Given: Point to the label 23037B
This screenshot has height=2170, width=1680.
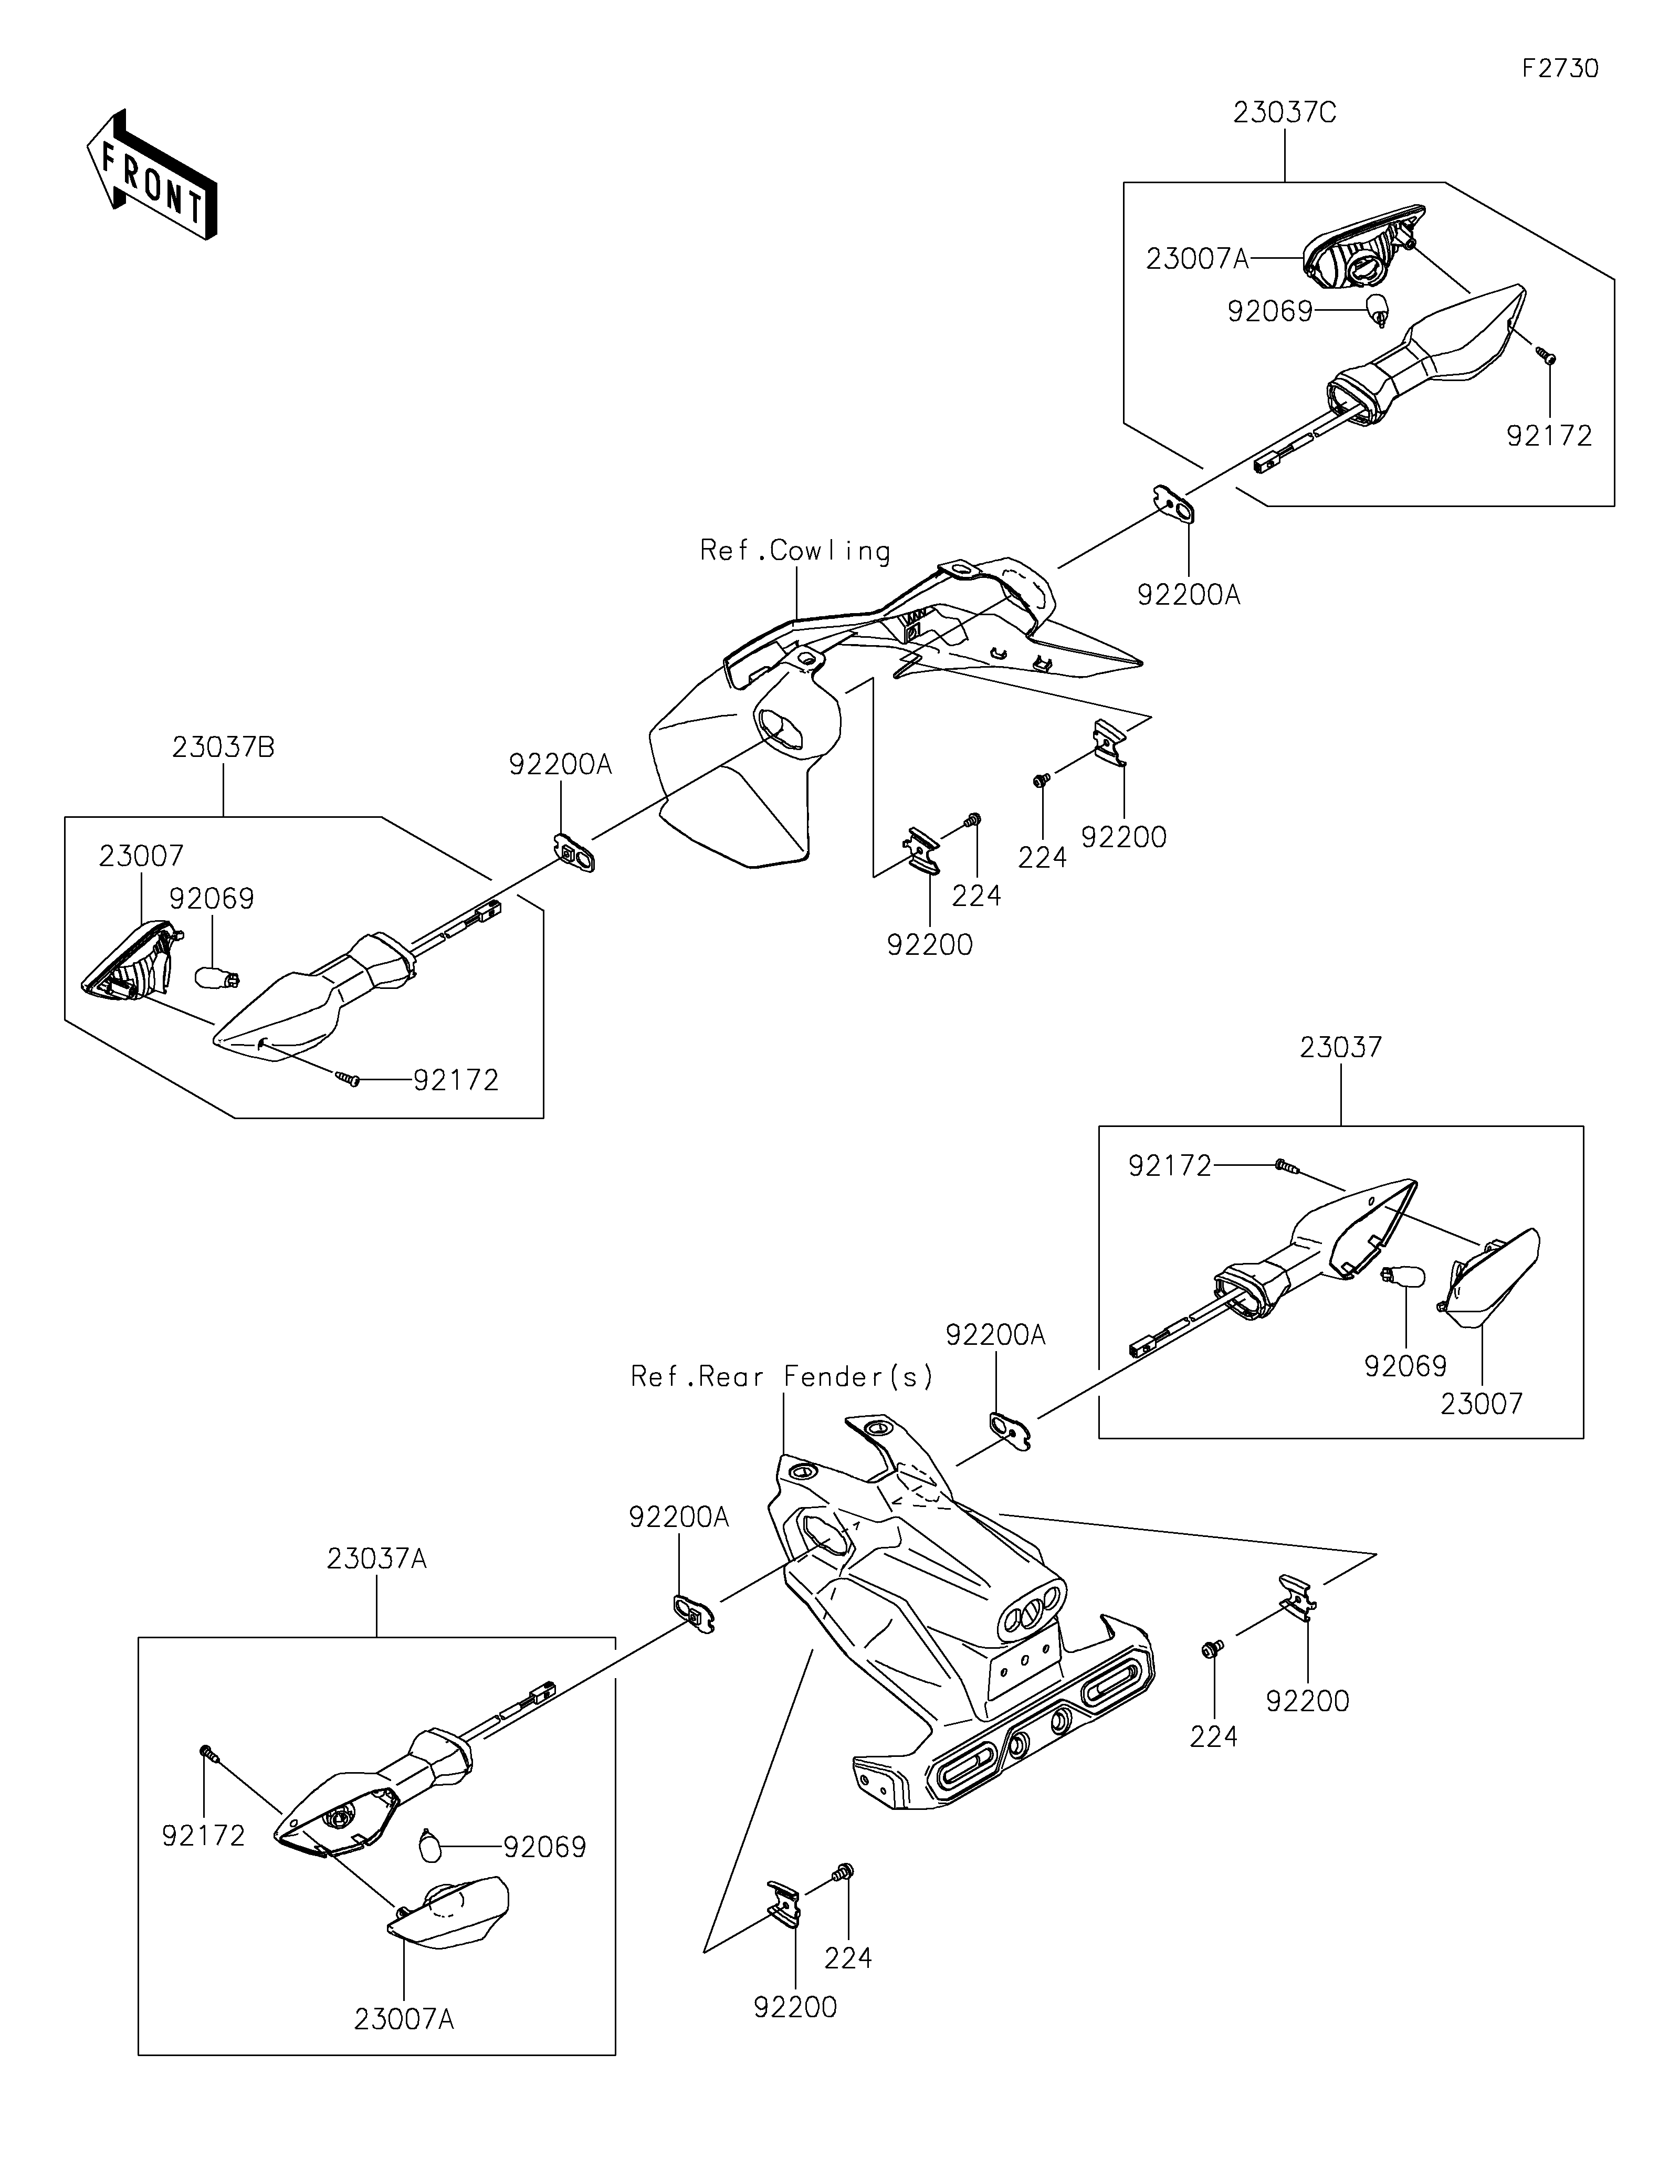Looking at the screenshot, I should click(223, 747).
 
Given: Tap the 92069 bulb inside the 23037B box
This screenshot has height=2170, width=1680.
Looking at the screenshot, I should click(220, 978).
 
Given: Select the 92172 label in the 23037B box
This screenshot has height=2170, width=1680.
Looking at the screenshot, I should click(456, 1080).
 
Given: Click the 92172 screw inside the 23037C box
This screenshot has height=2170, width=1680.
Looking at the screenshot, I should click(1546, 357).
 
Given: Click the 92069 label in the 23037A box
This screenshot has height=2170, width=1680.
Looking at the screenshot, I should click(544, 1847).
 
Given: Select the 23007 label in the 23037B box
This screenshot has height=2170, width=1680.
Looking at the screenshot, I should click(141, 856).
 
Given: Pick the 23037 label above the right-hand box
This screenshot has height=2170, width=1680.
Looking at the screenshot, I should click(1340, 1047).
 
